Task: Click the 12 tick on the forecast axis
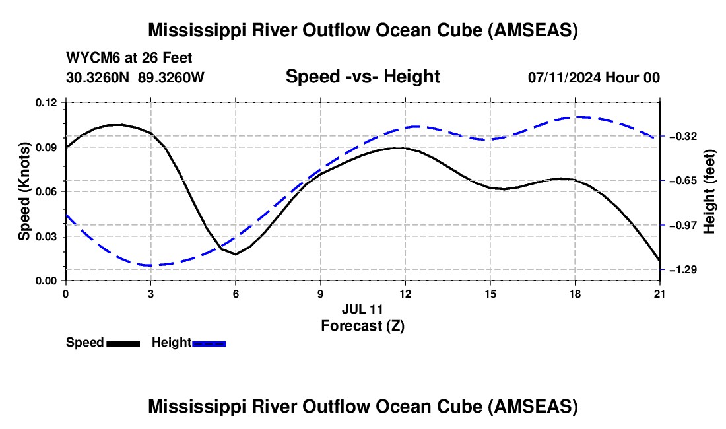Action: (405, 294)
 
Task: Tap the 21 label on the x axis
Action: (660, 294)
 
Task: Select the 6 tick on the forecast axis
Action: (236, 294)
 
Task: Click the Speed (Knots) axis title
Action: (24, 191)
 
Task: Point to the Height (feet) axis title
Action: (709, 191)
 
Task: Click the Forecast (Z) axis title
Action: (362, 325)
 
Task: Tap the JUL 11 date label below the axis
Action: (362, 309)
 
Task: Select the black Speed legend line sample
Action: (123, 343)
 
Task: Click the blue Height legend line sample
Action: (209, 343)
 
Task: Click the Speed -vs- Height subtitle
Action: (362, 77)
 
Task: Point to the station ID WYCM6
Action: (88, 59)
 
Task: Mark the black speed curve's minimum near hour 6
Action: (235, 254)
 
